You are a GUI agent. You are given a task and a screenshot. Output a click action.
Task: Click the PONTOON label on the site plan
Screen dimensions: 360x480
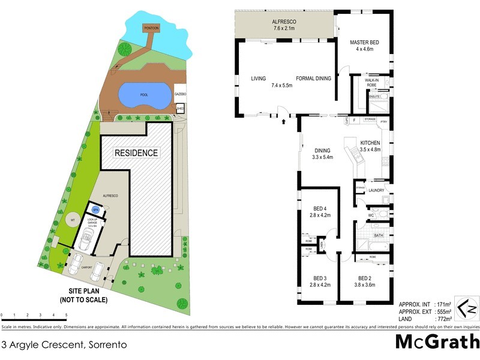[x=150, y=28]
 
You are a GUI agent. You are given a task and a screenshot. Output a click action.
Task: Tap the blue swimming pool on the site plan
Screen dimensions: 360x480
[x=143, y=95]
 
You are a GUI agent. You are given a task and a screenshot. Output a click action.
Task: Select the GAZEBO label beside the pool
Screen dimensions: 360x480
[x=181, y=95]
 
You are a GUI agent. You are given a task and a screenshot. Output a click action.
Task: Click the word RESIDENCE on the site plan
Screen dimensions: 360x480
[x=137, y=153]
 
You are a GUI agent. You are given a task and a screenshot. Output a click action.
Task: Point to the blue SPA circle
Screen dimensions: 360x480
[x=95, y=209]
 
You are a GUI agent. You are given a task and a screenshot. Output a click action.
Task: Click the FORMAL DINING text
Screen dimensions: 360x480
[x=314, y=78]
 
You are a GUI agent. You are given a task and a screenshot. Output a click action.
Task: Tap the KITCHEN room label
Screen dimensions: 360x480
[x=370, y=142]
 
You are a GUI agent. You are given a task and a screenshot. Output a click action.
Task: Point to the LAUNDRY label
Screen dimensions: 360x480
[x=376, y=190]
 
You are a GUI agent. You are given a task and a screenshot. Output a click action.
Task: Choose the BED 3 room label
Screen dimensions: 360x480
[x=320, y=278]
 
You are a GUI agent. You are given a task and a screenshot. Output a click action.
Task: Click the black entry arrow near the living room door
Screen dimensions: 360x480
[x=284, y=121]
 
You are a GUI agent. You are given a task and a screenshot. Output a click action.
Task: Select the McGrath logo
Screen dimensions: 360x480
[x=437, y=343]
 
